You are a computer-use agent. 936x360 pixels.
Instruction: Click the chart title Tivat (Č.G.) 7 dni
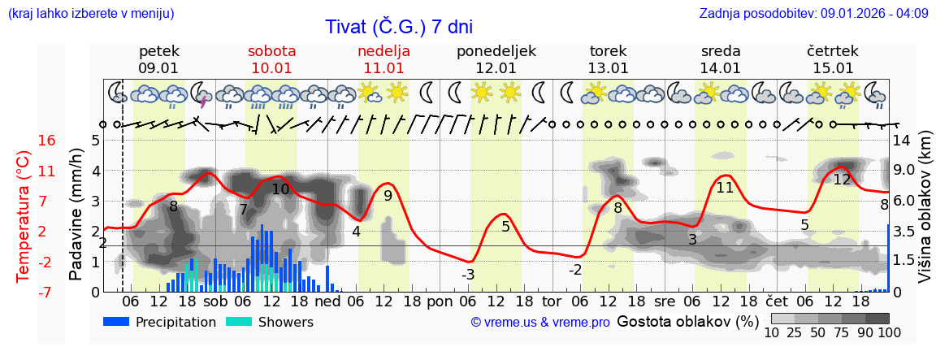(398, 27)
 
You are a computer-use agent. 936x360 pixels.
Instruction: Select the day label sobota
(271, 51)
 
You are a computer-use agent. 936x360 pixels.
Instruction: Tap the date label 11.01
(383, 68)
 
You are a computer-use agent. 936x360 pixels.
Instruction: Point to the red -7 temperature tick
(45, 292)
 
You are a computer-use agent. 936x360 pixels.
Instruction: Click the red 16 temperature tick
(46, 141)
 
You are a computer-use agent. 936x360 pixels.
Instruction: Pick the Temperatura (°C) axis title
(24, 216)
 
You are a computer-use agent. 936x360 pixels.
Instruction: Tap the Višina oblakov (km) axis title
(925, 216)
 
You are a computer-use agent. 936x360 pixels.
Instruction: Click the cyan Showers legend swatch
(239, 322)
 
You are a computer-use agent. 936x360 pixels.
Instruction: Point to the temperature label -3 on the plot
(468, 275)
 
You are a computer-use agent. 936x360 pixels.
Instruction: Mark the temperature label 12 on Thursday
(842, 180)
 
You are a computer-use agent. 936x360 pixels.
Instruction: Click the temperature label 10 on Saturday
(280, 189)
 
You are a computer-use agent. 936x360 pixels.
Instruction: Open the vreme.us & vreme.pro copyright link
(540, 323)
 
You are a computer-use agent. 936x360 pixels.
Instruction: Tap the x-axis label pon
(440, 301)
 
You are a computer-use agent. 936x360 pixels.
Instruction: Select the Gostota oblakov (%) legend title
(687, 321)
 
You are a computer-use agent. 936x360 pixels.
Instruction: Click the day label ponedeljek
(496, 51)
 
